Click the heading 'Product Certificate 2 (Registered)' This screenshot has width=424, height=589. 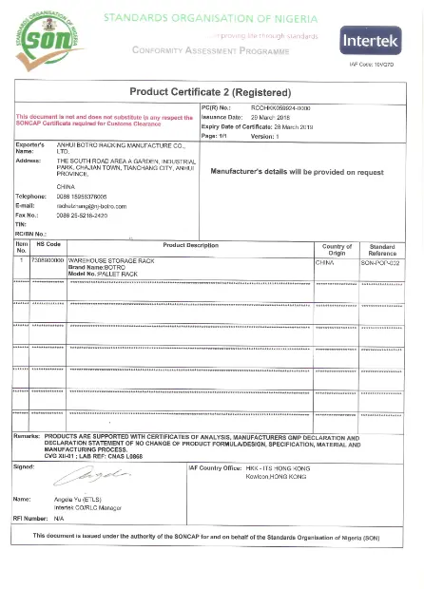(209, 92)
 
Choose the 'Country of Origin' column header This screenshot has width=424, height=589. (337, 249)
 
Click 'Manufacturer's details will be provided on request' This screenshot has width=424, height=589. (296, 173)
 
